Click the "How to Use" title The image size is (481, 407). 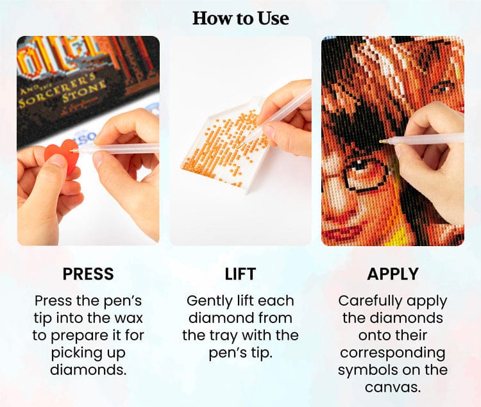click(x=240, y=19)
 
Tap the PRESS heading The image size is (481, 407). click(x=89, y=274)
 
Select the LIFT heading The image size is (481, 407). click(x=240, y=274)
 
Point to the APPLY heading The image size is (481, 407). click(x=392, y=274)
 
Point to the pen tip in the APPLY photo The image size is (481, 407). click(x=382, y=141)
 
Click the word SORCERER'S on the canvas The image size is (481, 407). click(x=51, y=91)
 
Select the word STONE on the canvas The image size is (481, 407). click(x=85, y=91)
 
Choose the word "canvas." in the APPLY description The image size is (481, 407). click(x=392, y=387)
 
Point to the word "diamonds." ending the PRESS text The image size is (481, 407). click(x=89, y=370)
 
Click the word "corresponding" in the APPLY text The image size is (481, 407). click(x=392, y=353)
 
